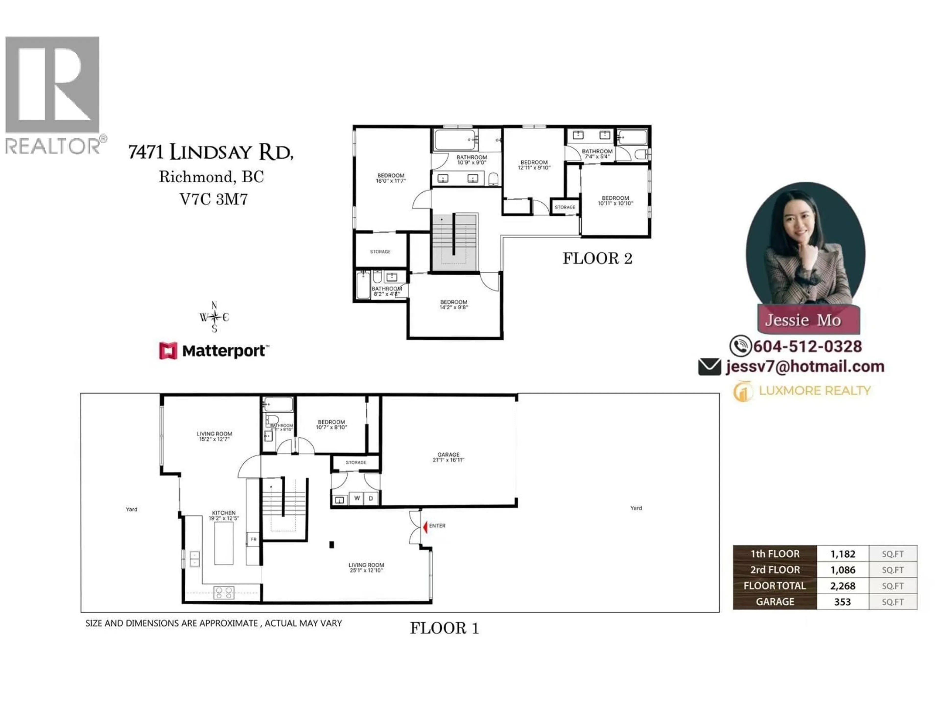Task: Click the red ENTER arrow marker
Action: pos(425,527)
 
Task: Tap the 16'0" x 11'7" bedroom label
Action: pos(390,178)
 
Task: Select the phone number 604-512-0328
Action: pos(807,346)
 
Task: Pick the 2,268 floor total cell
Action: pos(843,586)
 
